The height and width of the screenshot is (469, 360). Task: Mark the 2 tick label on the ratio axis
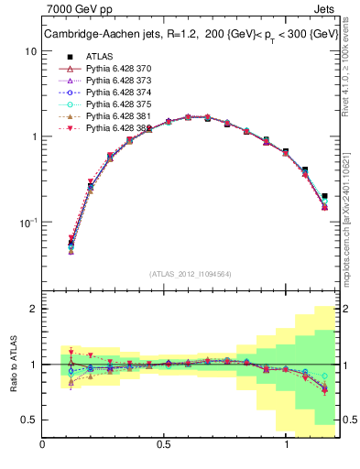33,310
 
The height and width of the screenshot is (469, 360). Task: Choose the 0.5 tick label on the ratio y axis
28,420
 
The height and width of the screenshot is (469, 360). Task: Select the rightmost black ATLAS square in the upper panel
324,195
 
